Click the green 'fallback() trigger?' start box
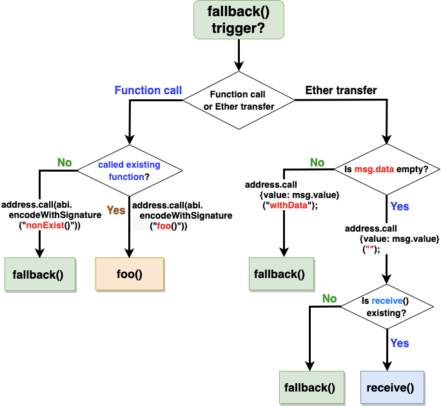coord(239,21)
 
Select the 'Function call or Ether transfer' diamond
coord(239,101)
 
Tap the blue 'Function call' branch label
coord(148,90)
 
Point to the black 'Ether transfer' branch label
coord(341,90)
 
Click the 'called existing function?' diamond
coord(129,170)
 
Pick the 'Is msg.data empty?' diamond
coord(386,170)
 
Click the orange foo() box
coord(129,273)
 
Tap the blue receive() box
coord(390,388)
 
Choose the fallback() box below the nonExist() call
coord(40,273)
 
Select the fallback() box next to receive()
coord(310,388)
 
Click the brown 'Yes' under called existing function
coord(116,210)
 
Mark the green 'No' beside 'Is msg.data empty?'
coord(317,163)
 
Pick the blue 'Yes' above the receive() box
coord(400,343)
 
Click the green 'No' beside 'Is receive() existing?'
coord(329,299)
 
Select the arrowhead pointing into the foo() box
coord(129,253)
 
